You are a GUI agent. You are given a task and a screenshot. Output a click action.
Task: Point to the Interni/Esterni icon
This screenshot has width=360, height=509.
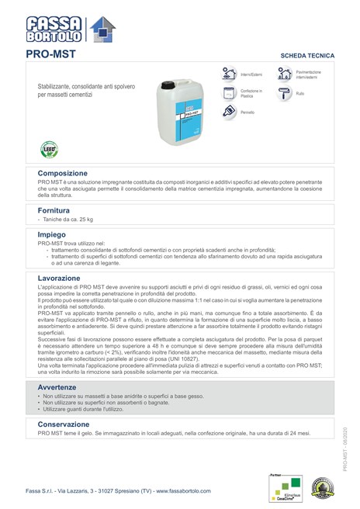coord(229,74)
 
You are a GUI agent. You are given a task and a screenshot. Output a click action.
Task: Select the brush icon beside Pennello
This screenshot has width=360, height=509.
coord(229,112)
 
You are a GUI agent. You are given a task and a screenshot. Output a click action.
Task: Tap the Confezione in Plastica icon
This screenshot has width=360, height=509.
coord(229,93)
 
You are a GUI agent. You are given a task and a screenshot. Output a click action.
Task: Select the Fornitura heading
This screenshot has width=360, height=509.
coord(54,210)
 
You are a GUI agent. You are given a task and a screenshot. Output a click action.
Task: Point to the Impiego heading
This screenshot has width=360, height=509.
coord(52,234)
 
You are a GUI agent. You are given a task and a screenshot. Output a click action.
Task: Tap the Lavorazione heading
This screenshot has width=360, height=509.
coord(59,277)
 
